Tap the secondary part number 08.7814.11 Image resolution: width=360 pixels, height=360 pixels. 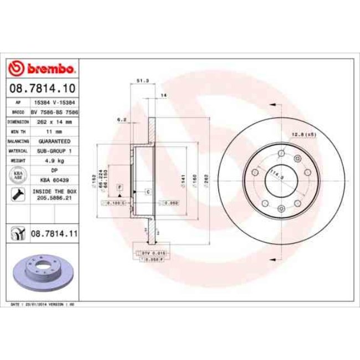point(53,235)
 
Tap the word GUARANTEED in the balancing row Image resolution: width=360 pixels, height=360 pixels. point(54,141)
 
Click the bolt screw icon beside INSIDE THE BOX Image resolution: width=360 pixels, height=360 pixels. point(18,194)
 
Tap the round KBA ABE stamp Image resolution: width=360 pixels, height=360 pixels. point(18,175)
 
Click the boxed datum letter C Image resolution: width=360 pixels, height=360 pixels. point(148,192)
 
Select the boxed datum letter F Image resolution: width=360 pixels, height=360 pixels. point(119,189)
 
